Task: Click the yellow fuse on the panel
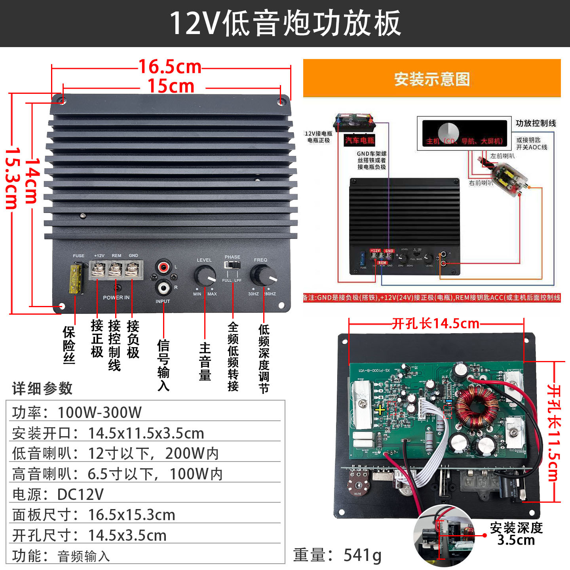(75, 279)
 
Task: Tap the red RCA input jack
(163, 267)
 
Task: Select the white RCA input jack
(163, 287)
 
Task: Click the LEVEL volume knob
(205, 276)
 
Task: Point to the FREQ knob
(262, 276)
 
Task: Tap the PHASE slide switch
(232, 265)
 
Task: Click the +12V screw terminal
(97, 270)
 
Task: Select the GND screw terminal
(132, 270)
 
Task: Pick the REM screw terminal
(115, 270)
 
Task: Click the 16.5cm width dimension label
(170, 67)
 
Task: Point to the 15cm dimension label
(171, 86)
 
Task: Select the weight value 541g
(362, 555)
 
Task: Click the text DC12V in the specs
(80, 494)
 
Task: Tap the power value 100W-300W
(100, 412)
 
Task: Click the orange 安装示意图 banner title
(432, 79)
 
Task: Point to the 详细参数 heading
(42, 388)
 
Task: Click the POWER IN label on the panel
(116, 298)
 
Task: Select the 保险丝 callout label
(68, 344)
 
